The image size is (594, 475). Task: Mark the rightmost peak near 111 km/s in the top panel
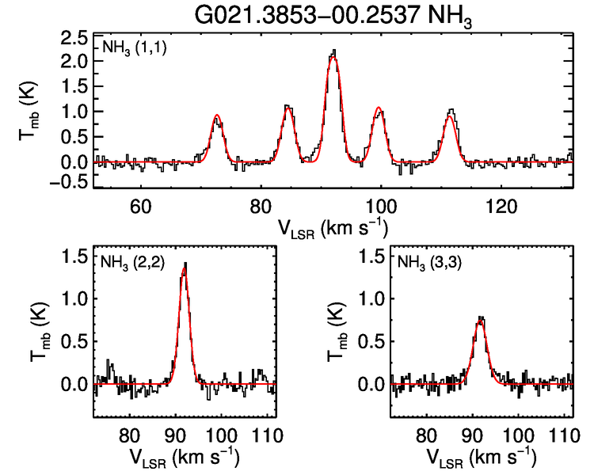coord(451,112)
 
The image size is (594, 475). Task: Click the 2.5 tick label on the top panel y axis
coord(75,38)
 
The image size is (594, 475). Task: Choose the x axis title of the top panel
coord(333,228)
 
